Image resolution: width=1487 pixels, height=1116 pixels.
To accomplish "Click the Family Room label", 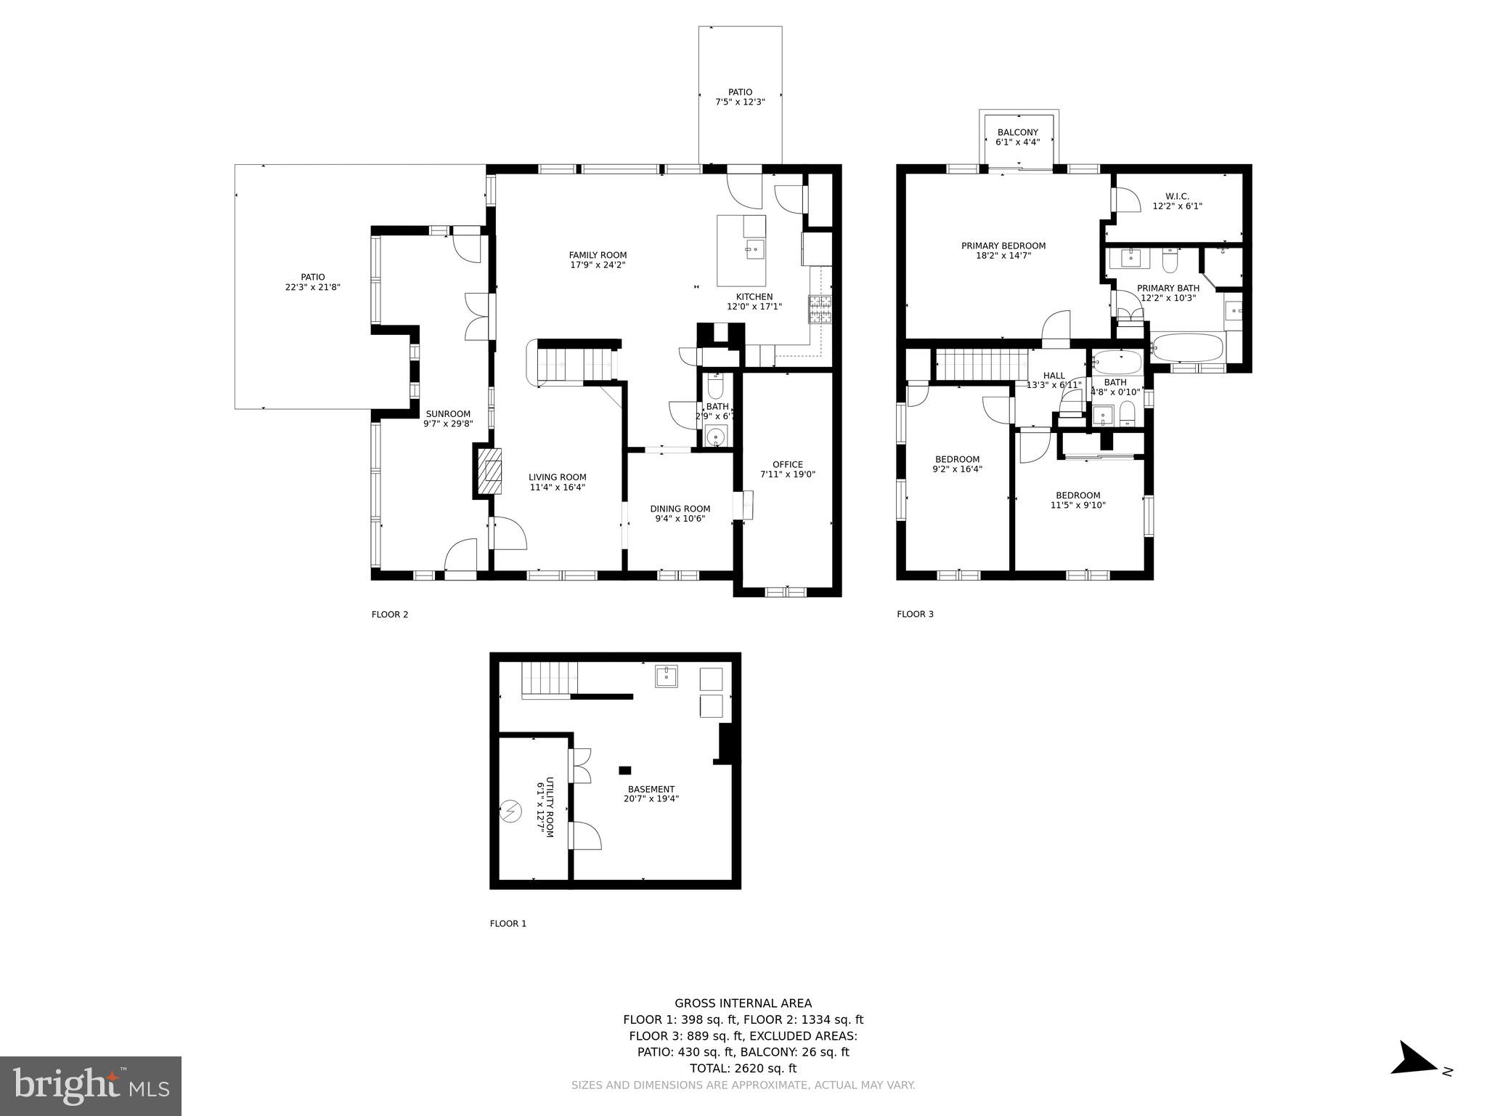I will coord(597,255).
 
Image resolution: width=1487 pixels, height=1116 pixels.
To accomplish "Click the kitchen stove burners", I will coord(820,310).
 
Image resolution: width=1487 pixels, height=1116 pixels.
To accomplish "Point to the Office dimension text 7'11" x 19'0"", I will coord(788,474).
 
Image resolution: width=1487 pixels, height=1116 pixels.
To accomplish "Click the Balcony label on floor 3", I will coord(1017,132).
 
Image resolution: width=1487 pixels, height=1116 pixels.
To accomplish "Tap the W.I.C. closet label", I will coord(1177,196).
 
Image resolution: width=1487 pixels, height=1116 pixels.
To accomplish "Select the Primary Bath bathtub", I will coord(1187,348).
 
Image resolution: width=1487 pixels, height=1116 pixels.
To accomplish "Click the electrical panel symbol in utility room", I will coord(511,810).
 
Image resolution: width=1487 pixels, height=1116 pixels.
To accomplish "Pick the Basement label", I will coord(651,789).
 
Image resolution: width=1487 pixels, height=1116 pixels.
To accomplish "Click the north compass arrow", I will coord(1414,1078).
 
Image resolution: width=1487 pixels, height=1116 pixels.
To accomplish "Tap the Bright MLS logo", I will coord(91,1085).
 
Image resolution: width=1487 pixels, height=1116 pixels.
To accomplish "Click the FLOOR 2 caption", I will coord(390,615).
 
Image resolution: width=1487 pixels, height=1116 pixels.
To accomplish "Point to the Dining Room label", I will coord(680,509).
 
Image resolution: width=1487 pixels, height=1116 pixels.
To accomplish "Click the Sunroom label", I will coord(448,414).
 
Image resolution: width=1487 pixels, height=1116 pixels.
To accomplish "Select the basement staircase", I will coord(550,679).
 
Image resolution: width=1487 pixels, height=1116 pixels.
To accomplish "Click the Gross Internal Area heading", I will coord(743,1003).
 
